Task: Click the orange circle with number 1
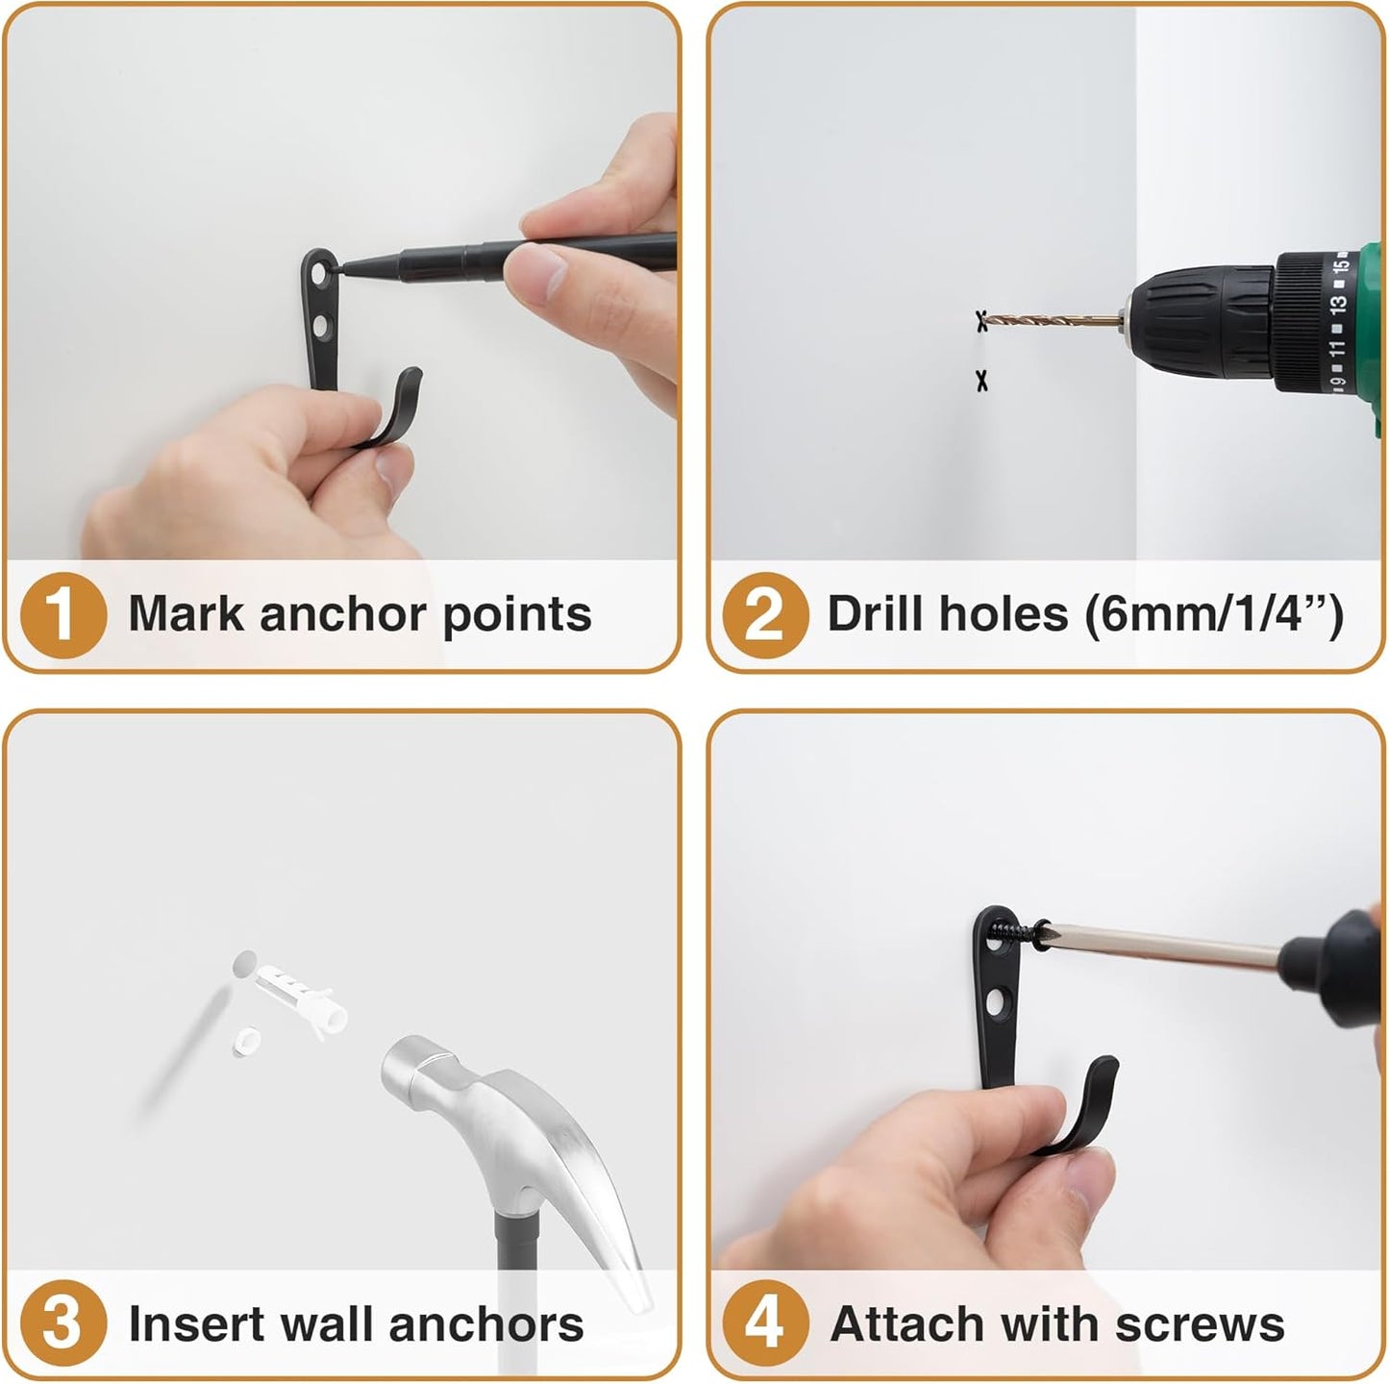62,615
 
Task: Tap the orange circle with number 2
764,615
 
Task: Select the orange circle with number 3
62,1323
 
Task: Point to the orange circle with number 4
764,1323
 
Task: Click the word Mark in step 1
186,613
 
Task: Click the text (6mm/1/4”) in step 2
1213,613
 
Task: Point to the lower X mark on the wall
981,382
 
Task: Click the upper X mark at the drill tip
981,320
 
